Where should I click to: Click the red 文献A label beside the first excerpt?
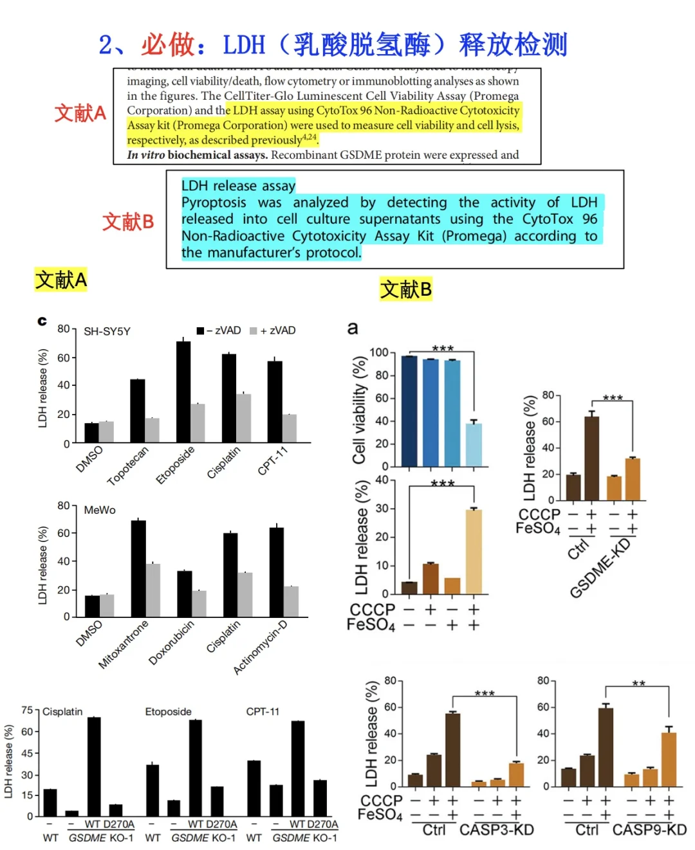80,113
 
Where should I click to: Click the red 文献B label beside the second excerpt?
128,222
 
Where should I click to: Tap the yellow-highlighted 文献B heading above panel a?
405,289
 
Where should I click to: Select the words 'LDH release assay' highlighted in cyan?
238,186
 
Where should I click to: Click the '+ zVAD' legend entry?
273,330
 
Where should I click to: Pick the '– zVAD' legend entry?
219,330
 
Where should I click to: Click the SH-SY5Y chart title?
107,331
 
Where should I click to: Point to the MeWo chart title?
100,510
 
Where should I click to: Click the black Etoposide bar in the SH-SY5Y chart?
183,392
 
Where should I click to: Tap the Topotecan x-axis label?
127,466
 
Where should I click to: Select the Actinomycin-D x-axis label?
260,647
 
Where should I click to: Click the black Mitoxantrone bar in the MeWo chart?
138,568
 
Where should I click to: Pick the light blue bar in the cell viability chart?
474,444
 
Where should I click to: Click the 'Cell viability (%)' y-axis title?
359,410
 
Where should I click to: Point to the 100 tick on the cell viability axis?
379,352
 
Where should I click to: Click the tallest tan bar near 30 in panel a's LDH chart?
474,551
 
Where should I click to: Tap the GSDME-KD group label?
600,568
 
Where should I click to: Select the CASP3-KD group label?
496,830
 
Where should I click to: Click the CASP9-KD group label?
649,830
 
